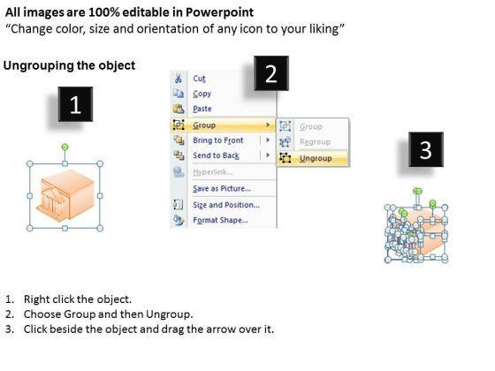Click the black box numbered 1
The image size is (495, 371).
(75, 104)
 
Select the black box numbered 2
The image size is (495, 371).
(271, 73)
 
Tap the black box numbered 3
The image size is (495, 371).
(426, 149)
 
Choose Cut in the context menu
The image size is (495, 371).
(199, 79)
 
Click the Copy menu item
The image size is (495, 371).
(202, 94)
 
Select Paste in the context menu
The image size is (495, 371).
(202, 109)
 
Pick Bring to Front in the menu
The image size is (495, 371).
(218, 140)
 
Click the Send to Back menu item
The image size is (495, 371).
(217, 155)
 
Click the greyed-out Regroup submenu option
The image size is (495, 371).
(315, 142)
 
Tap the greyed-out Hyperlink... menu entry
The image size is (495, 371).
(213, 172)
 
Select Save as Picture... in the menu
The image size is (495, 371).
(222, 189)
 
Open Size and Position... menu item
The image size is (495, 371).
(226, 205)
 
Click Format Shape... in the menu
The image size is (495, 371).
(220, 220)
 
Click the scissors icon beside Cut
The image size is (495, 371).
(179, 79)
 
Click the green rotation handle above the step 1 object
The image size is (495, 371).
(65, 147)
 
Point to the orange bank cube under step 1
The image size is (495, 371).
(65, 195)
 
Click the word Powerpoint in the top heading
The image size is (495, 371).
(219, 12)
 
